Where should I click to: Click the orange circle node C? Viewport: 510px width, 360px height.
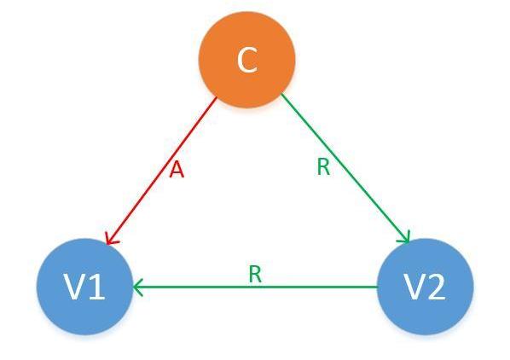[246, 60]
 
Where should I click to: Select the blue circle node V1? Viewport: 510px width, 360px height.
[85, 287]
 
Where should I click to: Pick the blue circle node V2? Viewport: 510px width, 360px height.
[425, 287]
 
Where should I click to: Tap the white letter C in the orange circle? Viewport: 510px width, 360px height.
[247, 61]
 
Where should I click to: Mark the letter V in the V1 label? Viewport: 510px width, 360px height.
[76, 287]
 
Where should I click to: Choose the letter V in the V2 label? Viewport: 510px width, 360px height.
[415, 287]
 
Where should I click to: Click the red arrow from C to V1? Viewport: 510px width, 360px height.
[162, 171]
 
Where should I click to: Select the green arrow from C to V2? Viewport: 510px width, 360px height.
[345, 168]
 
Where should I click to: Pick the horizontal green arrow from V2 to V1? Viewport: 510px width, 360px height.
[255, 287]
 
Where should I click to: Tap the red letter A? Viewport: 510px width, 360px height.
[177, 170]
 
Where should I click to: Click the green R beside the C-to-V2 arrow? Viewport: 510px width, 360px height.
[323, 167]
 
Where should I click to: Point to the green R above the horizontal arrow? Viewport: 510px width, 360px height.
[255, 274]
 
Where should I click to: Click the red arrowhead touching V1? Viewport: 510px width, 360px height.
[112, 238]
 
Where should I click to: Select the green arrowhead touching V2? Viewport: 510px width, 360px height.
[404, 237]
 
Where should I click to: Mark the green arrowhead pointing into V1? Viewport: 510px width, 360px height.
[138, 287]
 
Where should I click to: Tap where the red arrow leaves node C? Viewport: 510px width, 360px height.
[217, 97]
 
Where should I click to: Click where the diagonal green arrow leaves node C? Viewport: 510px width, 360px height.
[281, 94]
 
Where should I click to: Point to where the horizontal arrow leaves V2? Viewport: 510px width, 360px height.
[377, 287]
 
